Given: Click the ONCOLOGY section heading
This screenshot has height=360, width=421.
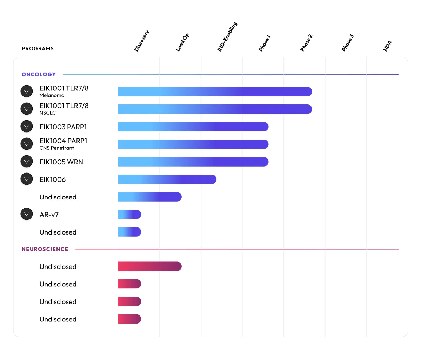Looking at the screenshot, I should tap(39, 74).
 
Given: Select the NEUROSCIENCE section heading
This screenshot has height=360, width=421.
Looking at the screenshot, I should tap(45, 249).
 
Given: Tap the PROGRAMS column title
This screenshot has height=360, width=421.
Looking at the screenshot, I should tap(38, 49).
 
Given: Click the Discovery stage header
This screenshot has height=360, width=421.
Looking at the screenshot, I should tap(142, 41).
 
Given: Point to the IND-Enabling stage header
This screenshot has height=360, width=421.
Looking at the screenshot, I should tap(227, 37).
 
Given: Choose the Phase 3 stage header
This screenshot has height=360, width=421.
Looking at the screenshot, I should tap(348, 43).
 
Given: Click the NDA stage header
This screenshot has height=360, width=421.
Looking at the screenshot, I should tap(388, 46).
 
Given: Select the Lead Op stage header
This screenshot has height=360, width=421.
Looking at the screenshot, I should tap(182, 42).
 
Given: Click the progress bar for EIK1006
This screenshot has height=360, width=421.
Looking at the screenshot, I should tap(167, 179).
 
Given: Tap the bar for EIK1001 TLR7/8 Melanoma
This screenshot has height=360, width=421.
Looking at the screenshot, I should tap(215, 91).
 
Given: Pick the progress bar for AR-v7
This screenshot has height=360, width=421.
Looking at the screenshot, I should tap(129, 215).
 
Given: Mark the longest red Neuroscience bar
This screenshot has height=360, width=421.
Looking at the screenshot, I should tap(149, 267).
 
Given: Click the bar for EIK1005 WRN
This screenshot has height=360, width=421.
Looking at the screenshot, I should tap(193, 162).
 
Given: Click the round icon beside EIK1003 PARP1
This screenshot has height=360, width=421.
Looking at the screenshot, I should tap(27, 127).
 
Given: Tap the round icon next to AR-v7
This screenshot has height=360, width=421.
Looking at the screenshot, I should tap(27, 214).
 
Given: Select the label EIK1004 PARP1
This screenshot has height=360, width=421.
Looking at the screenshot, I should tap(63, 141).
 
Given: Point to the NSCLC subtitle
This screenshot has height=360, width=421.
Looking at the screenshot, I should tap(48, 113).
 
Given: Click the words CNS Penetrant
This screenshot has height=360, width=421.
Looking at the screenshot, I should tap(57, 148).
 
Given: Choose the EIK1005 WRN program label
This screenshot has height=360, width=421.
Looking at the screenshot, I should tap(61, 162).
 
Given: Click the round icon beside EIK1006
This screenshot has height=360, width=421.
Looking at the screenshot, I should tap(27, 179).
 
